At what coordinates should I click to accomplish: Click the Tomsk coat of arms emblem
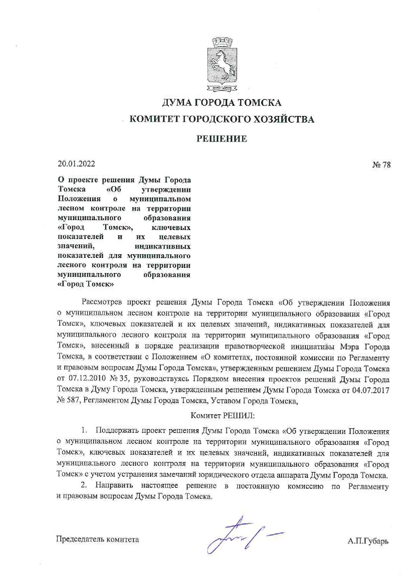coord(222,65)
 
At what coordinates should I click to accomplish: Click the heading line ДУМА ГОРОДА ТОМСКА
coord(222,103)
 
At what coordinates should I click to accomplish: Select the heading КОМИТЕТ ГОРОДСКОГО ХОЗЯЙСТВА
coord(222,119)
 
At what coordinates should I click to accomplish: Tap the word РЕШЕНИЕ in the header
coord(222,139)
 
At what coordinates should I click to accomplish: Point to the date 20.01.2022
coord(76,164)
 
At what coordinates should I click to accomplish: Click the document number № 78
coord(381,165)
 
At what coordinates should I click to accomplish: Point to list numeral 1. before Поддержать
coord(85,431)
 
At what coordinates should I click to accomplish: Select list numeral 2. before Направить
coord(84,486)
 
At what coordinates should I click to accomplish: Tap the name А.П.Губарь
coord(368,541)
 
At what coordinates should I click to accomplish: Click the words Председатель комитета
coord(97,539)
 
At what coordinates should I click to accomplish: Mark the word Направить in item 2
coord(114,486)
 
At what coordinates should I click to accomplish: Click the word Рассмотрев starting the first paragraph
coord(102,302)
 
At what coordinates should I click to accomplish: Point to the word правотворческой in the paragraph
coord(255,347)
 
